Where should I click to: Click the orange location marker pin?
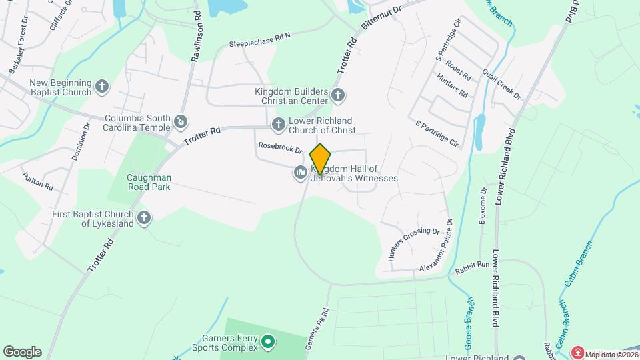point(321,159)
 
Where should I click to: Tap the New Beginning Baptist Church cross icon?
point(101,86)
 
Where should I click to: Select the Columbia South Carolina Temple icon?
point(181,122)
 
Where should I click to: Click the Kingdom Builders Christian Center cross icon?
point(337,95)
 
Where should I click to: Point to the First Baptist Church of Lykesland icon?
point(144,217)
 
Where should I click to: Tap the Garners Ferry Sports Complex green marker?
point(268,343)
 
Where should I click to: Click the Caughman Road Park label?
point(149,182)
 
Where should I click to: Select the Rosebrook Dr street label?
point(280,149)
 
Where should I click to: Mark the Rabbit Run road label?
point(473,265)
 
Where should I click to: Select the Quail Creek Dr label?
point(503,84)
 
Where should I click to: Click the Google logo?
point(22,351)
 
